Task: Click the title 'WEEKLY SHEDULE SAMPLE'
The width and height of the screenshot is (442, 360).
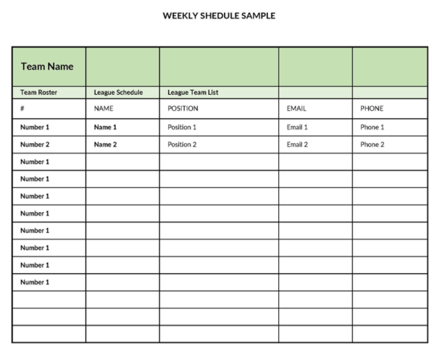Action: click(x=219, y=15)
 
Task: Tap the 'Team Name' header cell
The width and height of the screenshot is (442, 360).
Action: click(x=47, y=67)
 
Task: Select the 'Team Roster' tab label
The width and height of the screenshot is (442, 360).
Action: click(x=39, y=92)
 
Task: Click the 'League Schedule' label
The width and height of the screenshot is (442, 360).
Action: click(x=118, y=92)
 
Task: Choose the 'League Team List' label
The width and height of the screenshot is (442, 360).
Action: click(x=193, y=92)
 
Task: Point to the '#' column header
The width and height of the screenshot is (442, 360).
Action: click(x=23, y=108)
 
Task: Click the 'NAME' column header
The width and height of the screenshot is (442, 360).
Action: click(x=104, y=108)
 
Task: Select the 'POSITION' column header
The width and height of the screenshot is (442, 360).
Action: click(x=183, y=108)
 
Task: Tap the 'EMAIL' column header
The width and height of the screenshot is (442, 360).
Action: click(x=297, y=108)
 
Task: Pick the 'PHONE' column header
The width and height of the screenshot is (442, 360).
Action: click(x=372, y=108)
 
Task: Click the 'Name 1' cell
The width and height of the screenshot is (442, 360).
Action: click(x=105, y=127)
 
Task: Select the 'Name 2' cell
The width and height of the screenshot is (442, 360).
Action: click(x=105, y=145)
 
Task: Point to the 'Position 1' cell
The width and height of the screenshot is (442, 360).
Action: click(x=182, y=127)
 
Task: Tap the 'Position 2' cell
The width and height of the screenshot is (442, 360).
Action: click(x=182, y=145)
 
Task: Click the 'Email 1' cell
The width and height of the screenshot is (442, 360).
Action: click(x=297, y=127)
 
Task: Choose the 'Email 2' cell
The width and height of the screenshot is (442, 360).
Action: click(x=297, y=145)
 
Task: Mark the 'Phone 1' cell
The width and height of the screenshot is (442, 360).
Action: click(x=372, y=127)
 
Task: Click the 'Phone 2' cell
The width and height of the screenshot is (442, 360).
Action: click(x=372, y=145)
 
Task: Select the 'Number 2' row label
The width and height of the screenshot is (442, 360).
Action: click(x=35, y=145)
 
